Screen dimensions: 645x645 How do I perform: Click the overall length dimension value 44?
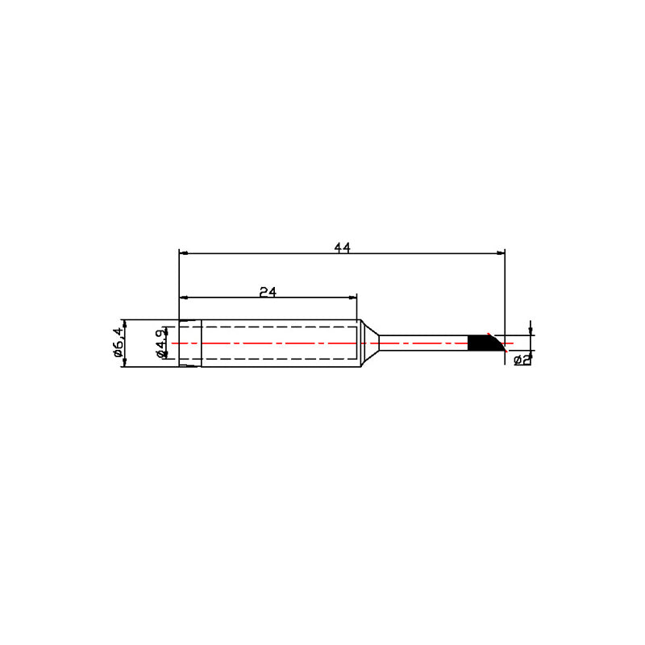pyautogui.click(x=342, y=248)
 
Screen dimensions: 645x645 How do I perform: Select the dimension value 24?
pyautogui.click(x=268, y=292)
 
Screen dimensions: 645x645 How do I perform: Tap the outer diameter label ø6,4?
pyautogui.click(x=118, y=342)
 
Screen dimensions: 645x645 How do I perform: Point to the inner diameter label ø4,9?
pyautogui.click(x=162, y=343)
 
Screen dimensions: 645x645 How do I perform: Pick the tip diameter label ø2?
pyautogui.click(x=522, y=360)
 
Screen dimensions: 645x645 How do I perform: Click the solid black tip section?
pyautogui.click(x=485, y=343)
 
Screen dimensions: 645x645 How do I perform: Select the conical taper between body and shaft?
pyautogui.click(x=370, y=343)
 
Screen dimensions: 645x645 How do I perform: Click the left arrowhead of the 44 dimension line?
pyautogui.click(x=184, y=253)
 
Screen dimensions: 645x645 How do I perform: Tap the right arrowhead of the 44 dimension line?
pyautogui.click(x=501, y=253)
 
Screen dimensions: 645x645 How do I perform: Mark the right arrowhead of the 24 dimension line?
pyautogui.click(x=352, y=298)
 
